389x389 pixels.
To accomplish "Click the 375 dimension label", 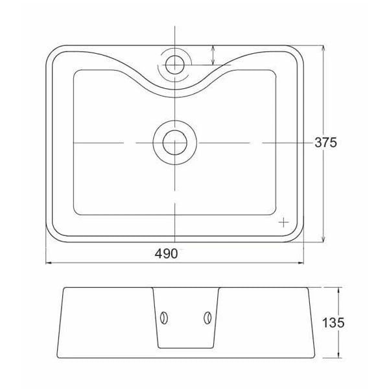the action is pyautogui.click(x=325, y=143).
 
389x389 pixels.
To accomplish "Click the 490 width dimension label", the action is pyautogui.click(x=166, y=253).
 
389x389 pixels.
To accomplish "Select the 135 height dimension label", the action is pyautogui.click(x=333, y=323).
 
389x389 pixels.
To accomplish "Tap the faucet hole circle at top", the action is pyautogui.click(x=175, y=65).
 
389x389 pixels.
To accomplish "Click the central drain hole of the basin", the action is pyautogui.click(x=175, y=143).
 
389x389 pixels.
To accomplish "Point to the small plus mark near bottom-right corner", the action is pyautogui.click(x=283, y=222).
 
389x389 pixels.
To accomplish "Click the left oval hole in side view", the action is pyautogui.click(x=164, y=318).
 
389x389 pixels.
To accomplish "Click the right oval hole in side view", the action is pyautogui.click(x=207, y=318).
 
